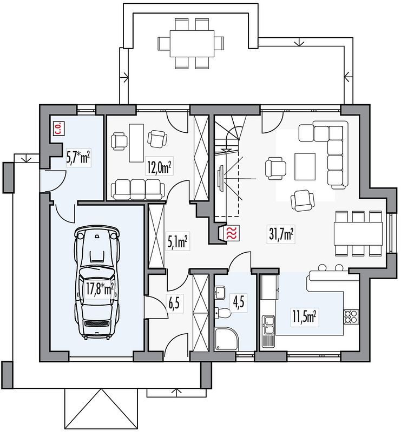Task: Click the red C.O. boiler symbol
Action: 58,129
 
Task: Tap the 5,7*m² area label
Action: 78,158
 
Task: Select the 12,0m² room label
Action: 159,167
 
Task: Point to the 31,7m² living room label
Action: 281,234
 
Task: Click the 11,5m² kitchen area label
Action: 304,317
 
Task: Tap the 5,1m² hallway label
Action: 177,241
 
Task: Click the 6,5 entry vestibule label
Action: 174,303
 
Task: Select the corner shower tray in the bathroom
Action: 226,339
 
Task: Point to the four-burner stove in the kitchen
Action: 351,316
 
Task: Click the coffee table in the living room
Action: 305,166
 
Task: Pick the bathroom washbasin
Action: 220,292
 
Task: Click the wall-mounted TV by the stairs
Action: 221,178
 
